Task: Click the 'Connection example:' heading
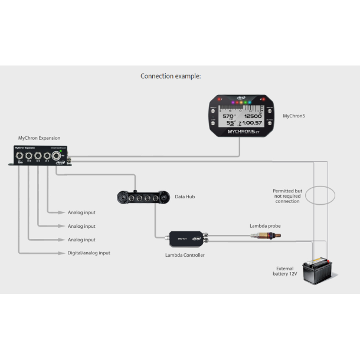point(171,76)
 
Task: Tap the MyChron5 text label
point(294,116)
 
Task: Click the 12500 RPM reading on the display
point(253,117)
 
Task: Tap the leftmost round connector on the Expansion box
point(20,156)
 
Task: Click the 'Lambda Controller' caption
point(185,255)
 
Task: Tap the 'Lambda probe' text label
point(265,225)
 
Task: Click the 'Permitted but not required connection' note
point(287,196)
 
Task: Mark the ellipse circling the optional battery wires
point(320,195)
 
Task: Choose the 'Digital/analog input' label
point(89,253)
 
